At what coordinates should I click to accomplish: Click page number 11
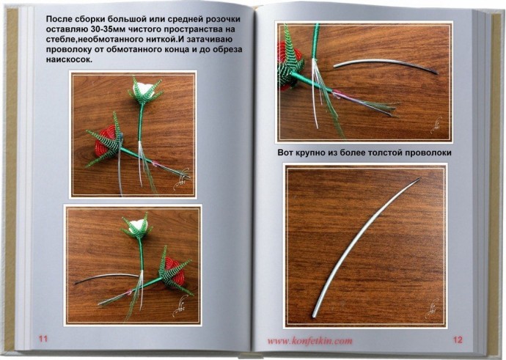[x=43, y=339]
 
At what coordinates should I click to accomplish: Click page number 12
[x=458, y=339]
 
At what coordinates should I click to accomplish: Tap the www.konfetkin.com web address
[x=309, y=341]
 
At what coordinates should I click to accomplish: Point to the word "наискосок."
[x=70, y=60]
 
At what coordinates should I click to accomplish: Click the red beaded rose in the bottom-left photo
[x=175, y=271]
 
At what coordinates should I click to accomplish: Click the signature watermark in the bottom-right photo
[x=430, y=308]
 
